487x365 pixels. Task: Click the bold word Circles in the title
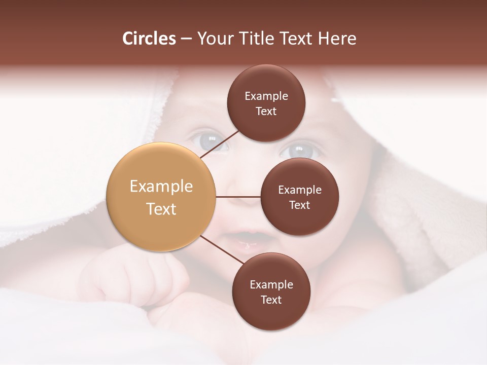(149, 39)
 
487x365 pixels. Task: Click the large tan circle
(161, 197)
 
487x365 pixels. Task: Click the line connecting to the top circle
(220, 144)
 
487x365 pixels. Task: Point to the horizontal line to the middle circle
(238, 197)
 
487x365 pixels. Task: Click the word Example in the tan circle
(161, 186)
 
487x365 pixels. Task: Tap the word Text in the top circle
(266, 112)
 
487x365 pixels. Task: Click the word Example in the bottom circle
(271, 284)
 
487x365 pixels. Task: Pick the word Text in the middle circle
(300, 205)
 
